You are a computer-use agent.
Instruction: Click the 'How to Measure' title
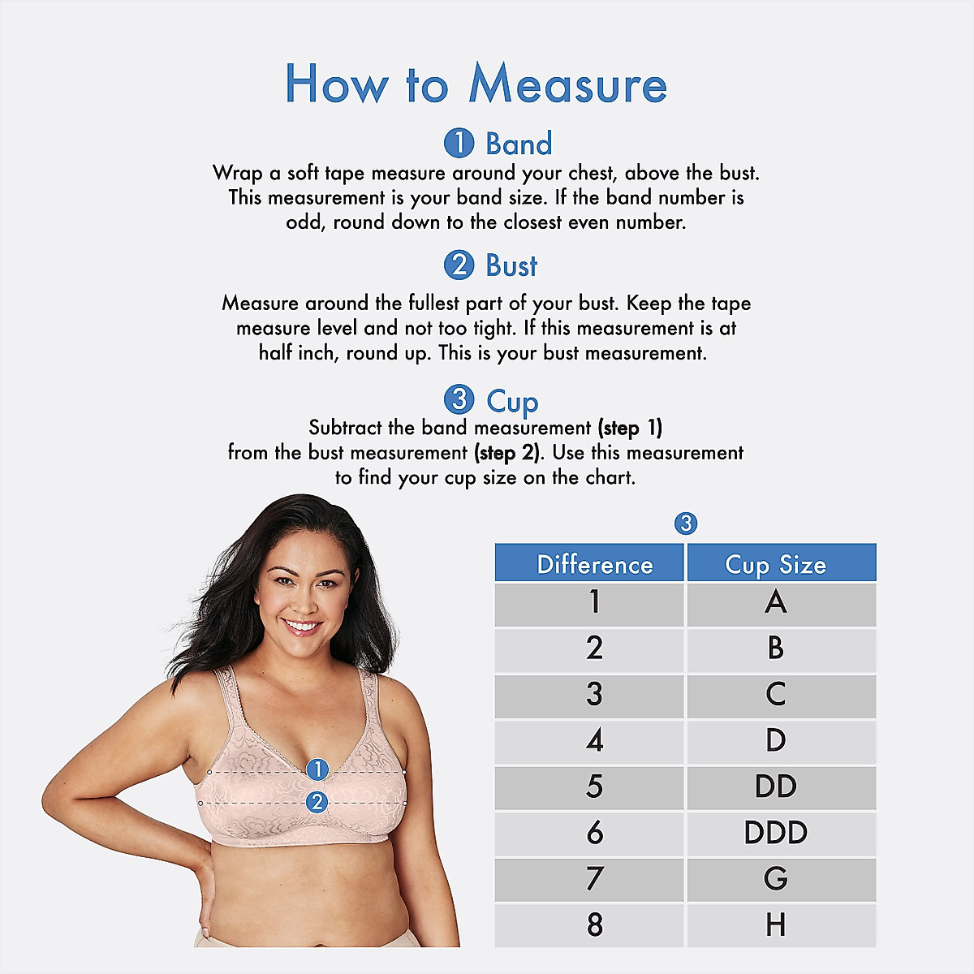(476, 84)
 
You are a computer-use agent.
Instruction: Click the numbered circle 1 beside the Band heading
(459, 144)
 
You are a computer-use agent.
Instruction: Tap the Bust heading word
(511, 266)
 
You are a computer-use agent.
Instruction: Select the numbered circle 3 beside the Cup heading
(459, 399)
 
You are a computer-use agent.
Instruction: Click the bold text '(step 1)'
(630, 428)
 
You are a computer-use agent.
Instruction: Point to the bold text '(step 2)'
(506, 453)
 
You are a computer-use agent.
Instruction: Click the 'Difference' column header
(594, 565)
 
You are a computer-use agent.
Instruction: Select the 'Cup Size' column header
(776, 565)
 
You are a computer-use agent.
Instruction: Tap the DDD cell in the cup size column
(776, 833)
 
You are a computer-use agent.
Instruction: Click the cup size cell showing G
(776, 879)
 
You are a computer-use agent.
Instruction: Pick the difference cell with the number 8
(594, 925)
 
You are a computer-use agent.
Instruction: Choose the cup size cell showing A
(776, 602)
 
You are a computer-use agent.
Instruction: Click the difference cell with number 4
(594, 740)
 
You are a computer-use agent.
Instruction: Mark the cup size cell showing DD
(776, 787)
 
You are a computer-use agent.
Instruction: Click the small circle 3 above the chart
(686, 524)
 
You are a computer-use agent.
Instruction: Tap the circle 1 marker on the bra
(317, 769)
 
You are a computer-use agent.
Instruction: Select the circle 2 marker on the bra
(317, 802)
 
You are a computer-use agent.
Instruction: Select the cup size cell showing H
(776, 925)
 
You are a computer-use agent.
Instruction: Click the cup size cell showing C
(776, 695)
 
